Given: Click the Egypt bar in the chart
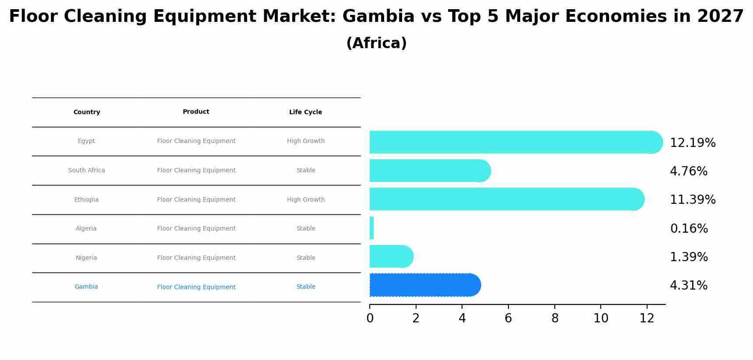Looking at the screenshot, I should point(512,142).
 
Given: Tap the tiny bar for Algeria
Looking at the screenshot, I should point(371,228).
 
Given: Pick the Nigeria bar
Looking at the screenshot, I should point(389,256).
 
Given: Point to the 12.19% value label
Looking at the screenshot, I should point(693,143).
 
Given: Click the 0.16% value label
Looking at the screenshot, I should point(689,229).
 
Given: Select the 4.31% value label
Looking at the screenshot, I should point(689,286).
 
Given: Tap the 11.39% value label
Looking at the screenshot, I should point(693,200).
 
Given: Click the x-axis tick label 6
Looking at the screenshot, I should point(508,318).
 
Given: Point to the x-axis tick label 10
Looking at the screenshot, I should point(601,318).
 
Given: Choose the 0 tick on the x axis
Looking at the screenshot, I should point(370,318).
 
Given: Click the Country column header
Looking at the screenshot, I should point(87,112).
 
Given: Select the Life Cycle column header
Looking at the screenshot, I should point(305,112).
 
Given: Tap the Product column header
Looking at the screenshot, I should point(196,112).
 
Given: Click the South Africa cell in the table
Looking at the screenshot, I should point(87,171).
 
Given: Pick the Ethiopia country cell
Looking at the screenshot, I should point(86,200).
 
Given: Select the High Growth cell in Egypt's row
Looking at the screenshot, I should point(306,141).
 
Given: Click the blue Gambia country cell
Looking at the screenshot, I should point(86,287).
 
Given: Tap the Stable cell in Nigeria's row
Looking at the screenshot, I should point(306,258).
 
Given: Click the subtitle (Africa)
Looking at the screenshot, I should point(376,43).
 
